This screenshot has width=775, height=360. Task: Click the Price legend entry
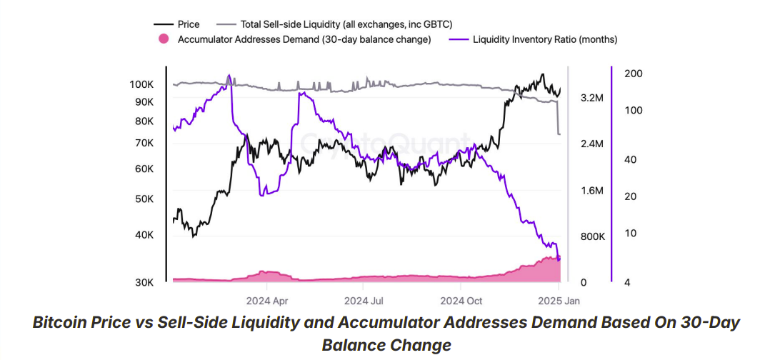click(188, 24)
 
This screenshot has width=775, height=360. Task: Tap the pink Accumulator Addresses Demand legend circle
click(164, 39)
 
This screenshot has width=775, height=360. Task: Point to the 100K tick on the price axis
click(141, 84)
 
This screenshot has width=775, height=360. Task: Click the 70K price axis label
click(144, 143)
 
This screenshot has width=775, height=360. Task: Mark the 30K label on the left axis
click(144, 283)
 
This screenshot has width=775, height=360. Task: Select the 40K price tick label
click(144, 235)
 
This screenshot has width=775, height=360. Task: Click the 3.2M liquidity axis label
click(593, 98)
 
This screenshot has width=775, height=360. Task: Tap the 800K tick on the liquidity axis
click(592, 236)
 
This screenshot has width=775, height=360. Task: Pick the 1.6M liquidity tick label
click(593, 191)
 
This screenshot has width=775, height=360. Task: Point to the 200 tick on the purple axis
click(634, 74)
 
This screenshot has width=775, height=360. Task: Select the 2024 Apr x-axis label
click(267, 301)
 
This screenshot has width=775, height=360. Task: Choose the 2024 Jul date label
click(364, 301)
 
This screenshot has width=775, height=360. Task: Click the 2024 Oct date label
click(461, 301)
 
